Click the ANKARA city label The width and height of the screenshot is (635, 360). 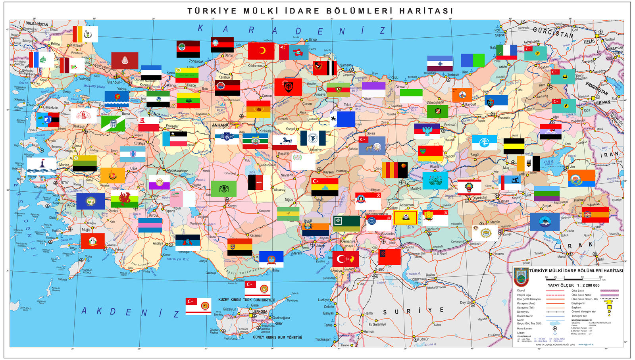[x=220, y=125]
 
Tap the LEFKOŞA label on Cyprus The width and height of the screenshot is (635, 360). [x=260, y=312]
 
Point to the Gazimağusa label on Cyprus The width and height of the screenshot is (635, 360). [x=281, y=318]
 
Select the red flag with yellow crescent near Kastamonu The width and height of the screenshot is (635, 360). [x=261, y=51]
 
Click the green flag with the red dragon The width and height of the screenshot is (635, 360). [x=124, y=199]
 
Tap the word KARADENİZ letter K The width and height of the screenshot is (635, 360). [x=201, y=28]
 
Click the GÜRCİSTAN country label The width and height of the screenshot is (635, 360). [x=553, y=33]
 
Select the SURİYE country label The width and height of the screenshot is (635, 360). [x=413, y=311]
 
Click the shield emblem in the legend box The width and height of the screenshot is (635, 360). [x=521, y=277]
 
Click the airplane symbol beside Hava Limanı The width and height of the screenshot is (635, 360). [x=554, y=328]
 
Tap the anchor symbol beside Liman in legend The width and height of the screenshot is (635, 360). [x=554, y=333]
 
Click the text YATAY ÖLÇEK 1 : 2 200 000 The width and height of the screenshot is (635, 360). [x=573, y=285]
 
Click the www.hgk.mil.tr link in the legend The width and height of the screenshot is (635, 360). [x=586, y=345]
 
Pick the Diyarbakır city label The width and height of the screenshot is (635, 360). [x=479, y=198]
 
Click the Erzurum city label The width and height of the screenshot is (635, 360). [x=504, y=117]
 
